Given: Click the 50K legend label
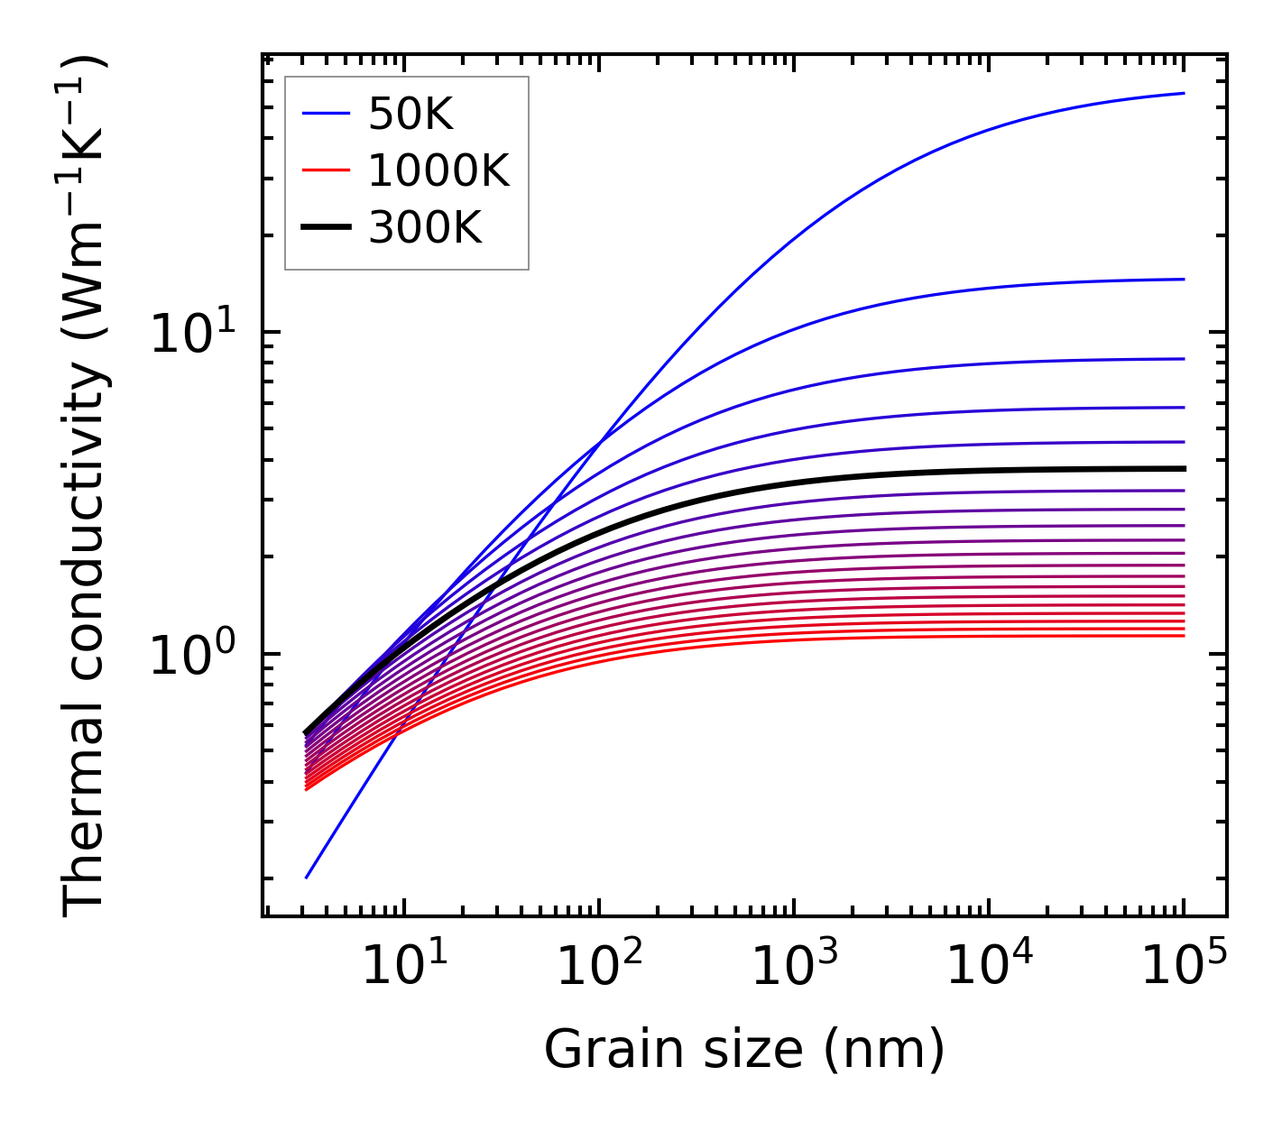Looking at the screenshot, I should pos(410,115).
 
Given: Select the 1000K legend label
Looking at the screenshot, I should pos(438,170).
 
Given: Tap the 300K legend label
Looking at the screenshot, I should pos(425,228).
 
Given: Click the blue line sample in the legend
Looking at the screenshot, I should pos(325,114).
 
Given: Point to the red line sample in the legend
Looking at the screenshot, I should pos(325,170).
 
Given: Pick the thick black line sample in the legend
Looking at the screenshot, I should pos(325,227).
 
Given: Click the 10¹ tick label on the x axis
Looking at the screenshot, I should pos(404,967).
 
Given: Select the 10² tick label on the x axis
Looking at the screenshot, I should pos(599,967).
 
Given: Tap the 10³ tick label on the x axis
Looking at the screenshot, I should pos(794,967).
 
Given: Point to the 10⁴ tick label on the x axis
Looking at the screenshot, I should pos(989,967).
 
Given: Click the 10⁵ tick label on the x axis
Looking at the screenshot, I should pos(1184,967).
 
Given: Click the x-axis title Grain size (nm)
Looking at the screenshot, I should pos(744,1050).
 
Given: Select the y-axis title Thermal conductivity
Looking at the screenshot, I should pos(86,487).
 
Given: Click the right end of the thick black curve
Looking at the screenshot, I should pos(1183,469).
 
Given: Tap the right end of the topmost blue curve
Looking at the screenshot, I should pos(1183,93).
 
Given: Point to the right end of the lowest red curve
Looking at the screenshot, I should pos(1183,636).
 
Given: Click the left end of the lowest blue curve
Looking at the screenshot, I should pos(308,877).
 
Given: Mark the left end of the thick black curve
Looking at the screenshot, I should pos(307,732).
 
